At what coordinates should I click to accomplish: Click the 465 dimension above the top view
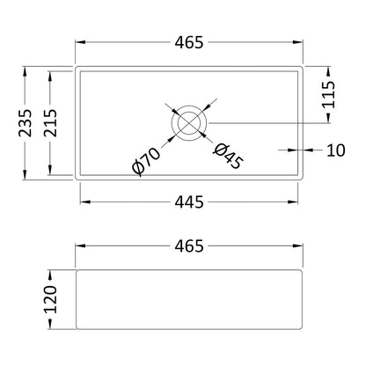189,42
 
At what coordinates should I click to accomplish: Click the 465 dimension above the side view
189,246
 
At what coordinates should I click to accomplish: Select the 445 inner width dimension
189,202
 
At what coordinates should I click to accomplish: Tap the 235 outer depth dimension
26,123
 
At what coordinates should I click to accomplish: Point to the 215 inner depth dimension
50,123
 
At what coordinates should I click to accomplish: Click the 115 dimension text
328,94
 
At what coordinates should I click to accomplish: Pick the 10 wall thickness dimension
336,150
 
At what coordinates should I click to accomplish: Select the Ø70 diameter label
146,161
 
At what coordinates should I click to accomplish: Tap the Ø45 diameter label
228,157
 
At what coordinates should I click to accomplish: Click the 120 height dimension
50,299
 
